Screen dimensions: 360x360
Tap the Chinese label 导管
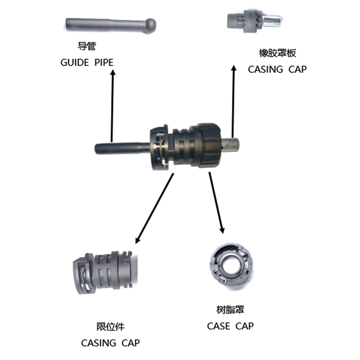pyautogui.click(x=86, y=46)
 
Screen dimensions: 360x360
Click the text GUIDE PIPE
pyautogui.click(x=86, y=62)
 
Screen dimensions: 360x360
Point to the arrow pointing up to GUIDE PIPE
pyautogui.click(x=112, y=103)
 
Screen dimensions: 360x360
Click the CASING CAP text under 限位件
pyautogui.click(x=110, y=343)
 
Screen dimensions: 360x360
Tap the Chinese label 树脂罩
pyautogui.click(x=230, y=310)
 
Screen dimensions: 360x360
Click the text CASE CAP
pyautogui.click(x=230, y=326)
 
